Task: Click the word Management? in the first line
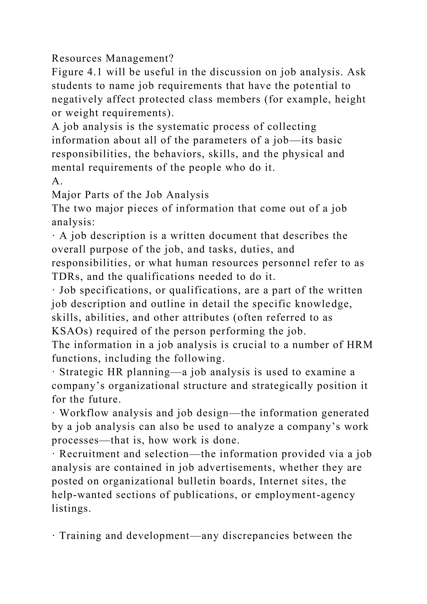[x=139, y=58]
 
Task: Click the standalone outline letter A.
[x=57, y=181]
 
